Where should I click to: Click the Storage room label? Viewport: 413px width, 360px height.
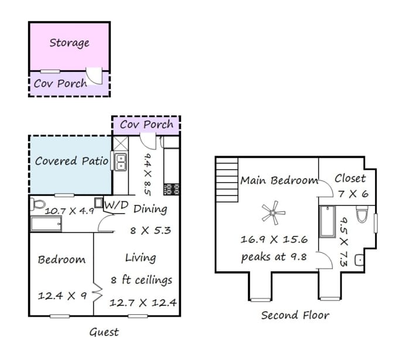pyautogui.click(x=69, y=43)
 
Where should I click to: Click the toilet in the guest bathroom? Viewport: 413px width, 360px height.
pyautogui.click(x=38, y=205)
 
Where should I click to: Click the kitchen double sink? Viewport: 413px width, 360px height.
pyautogui.click(x=121, y=162)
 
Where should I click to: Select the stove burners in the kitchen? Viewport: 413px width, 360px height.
pyautogui.click(x=171, y=189)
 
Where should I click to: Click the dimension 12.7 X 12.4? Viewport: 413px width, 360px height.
pyautogui.click(x=143, y=303)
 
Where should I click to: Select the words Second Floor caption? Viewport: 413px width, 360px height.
pyautogui.click(x=295, y=316)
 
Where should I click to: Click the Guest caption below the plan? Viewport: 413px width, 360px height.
pyautogui.click(x=104, y=332)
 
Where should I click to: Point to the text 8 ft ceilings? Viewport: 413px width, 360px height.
pyautogui.click(x=141, y=280)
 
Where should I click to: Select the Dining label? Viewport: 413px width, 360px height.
pyautogui.click(x=150, y=209)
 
